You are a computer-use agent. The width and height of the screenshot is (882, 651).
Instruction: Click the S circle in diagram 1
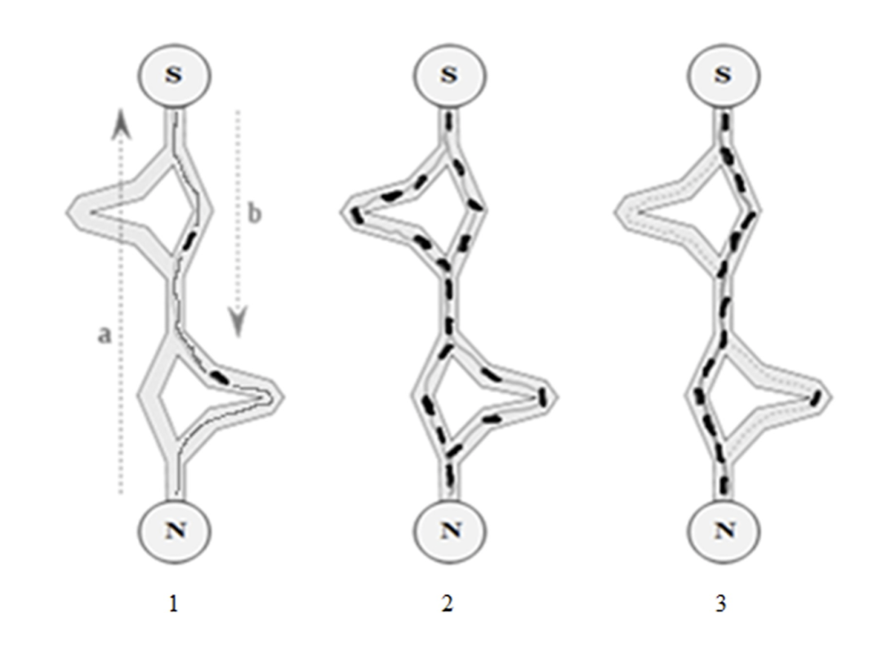tap(174, 74)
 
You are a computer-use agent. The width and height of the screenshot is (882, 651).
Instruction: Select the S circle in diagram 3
tap(724, 74)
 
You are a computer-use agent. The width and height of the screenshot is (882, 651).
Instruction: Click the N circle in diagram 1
tap(174, 529)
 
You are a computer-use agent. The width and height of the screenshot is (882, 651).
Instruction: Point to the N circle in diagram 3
tap(724, 529)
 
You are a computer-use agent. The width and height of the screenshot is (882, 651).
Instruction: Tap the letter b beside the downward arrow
tap(255, 215)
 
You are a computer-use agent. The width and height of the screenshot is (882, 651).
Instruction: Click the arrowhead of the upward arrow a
tap(120, 123)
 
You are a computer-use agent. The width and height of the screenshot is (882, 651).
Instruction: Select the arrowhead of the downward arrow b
tap(237, 323)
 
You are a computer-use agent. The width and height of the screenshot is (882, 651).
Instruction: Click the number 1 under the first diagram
tap(173, 605)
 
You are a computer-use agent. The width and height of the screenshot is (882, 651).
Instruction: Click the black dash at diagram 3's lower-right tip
tap(816, 399)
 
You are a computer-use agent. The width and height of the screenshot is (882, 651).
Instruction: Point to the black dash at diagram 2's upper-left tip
tap(356, 215)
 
